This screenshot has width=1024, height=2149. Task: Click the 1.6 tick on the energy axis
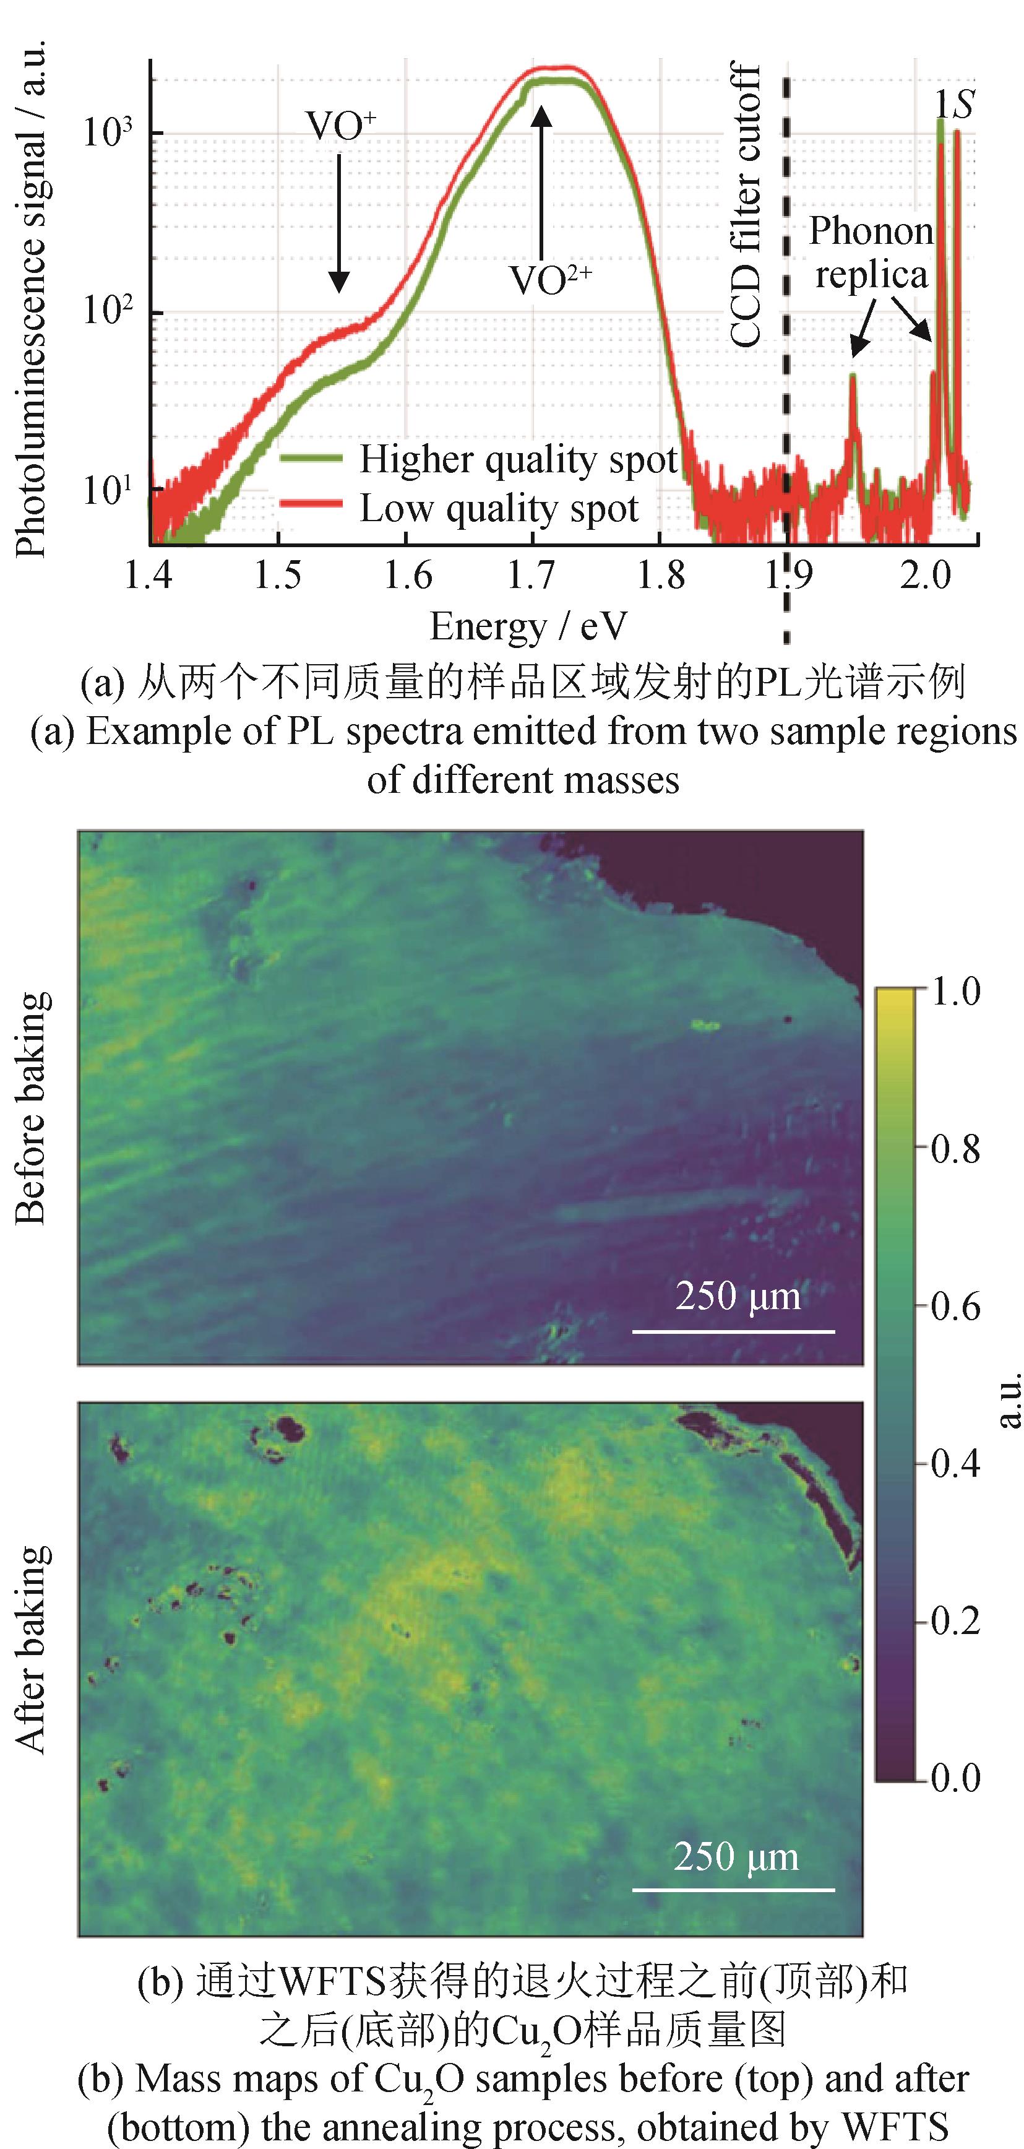tap(407, 576)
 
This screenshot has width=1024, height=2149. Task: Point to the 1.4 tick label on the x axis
tap(148, 576)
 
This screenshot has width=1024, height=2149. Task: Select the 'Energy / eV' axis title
tap(528, 626)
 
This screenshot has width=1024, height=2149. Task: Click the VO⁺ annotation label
tap(340, 127)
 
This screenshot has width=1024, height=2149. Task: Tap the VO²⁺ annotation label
tap(549, 280)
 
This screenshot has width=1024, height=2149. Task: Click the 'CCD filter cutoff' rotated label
tap(746, 204)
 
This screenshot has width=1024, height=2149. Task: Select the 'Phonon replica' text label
tap(871, 252)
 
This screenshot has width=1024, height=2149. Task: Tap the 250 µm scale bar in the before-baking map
tap(733, 1331)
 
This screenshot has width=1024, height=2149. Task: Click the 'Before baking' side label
tap(32, 1108)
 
